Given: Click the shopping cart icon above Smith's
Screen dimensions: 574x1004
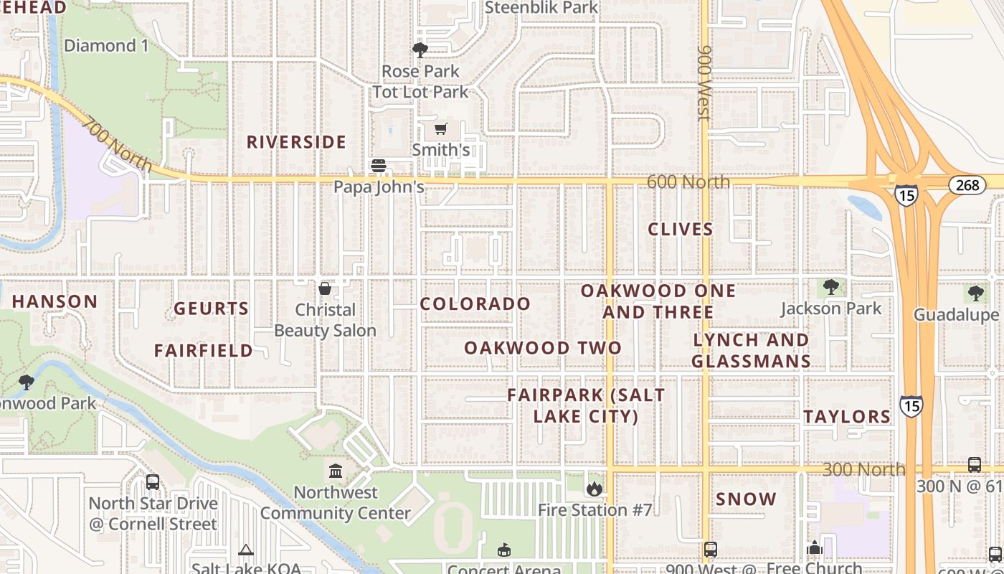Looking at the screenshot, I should (441, 129).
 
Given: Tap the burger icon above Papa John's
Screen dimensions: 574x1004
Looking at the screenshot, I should (379, 166).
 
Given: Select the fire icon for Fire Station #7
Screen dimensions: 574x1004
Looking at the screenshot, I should (594, 489).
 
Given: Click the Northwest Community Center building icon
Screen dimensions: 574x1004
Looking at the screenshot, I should (336, 471).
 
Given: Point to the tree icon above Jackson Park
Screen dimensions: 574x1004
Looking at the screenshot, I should (830, 287).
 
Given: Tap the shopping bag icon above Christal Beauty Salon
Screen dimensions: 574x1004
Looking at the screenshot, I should (325, 288).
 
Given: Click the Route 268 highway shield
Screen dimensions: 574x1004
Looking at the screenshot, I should (967, 185).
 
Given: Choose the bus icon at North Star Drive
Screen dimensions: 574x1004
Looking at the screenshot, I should (153, 482).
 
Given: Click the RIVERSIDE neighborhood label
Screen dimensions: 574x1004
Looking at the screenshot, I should (296, 142).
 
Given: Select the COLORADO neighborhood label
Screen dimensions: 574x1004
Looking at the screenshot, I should (475, 304).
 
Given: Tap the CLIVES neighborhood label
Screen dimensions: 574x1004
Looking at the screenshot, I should (681, 230).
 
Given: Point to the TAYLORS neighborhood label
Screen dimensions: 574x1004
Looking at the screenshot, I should (847, 417).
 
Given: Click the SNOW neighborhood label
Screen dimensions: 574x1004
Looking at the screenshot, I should (746, 499).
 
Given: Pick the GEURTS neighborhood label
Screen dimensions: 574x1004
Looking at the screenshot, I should (211, 309).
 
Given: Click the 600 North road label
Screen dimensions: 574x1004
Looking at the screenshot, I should (688, 182).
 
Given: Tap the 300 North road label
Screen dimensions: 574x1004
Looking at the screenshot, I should (863, 470).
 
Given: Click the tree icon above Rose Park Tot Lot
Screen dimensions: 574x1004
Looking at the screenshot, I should (420, 50).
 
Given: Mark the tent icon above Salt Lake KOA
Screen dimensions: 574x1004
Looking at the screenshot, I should (246, 550).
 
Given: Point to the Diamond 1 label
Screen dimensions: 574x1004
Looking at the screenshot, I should (106, 46).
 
